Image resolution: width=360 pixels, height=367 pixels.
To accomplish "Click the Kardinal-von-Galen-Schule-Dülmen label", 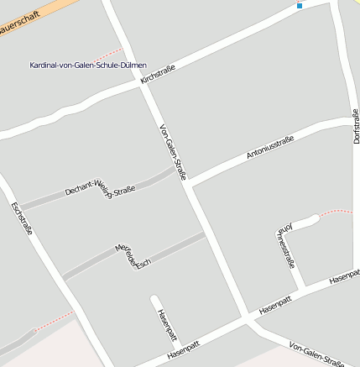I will pos(87,65).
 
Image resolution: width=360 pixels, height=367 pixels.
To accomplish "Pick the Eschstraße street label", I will pos(20,218).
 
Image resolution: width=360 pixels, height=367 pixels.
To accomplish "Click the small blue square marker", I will pos(300,7).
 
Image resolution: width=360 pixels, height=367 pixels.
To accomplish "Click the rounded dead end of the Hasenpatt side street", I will pos(154,298).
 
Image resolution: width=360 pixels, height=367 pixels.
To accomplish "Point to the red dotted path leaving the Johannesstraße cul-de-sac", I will pos(336,212).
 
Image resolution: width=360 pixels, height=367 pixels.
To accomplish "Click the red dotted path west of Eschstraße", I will pos(55,319).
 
